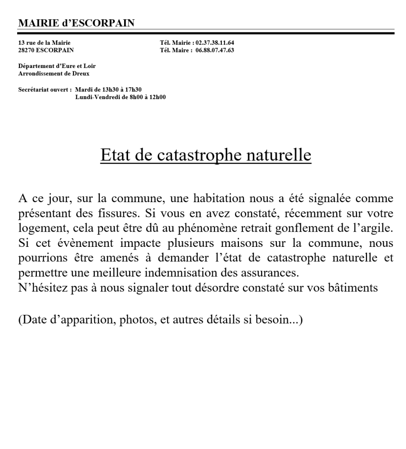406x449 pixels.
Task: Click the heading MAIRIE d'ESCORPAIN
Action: point(76,23)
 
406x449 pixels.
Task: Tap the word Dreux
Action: point(81,74)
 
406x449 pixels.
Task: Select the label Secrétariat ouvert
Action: point(45,89)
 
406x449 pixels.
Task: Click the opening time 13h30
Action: point(110,89)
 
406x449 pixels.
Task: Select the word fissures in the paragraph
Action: point(113,216)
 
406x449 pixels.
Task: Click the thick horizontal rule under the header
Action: point(206,33)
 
